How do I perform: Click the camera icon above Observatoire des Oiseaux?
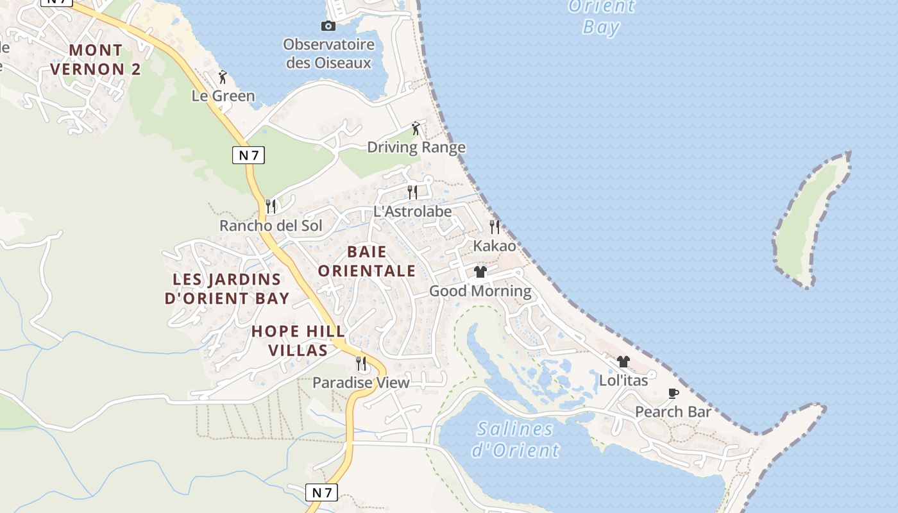coord(328,26)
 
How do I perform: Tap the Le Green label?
coord(223,96)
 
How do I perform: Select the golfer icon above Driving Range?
coord(416,128)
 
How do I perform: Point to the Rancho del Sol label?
coord(271,226)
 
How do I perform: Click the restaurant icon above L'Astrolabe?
coord(412,192)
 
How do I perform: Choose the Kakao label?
coord(495,246)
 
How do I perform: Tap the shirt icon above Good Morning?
coord(480,272)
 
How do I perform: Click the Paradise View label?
coord(360,383)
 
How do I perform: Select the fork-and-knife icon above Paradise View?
coord(361,364)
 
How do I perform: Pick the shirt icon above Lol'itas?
coord(623,362)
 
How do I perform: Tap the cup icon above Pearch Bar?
coord(673,393)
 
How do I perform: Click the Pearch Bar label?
coord(673,412)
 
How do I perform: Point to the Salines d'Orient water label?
coord(516,439)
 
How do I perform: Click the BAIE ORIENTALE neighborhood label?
coord(367,261)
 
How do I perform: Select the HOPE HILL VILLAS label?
coord(298,341)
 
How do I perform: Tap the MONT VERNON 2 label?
coord(96,60)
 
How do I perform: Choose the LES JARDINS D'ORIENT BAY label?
coord(227,289)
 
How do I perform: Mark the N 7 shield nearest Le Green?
coord(248,155)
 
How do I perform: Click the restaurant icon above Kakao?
coord(495,226)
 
